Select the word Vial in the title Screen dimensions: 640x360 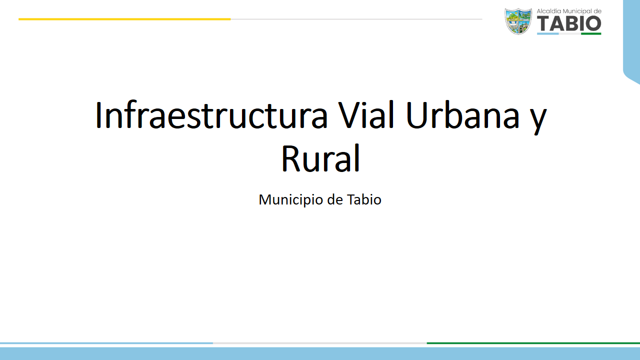tap(366, 115)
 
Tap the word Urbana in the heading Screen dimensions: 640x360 tap(462, 115)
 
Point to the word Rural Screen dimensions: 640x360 tap(320, 158)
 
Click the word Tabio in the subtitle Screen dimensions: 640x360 tap(364, 199)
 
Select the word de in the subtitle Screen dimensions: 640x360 tap(335, 199)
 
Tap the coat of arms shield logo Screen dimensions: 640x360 tap(518, 21)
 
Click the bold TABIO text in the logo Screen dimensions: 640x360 tap(569, 23)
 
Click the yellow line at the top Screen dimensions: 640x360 tap(124, 19)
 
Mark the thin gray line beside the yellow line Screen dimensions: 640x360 tap(356, 19)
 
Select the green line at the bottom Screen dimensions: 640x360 tap(533, 343)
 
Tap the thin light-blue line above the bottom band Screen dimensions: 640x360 tap(106, 343)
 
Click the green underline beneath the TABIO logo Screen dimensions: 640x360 tap(591, 33)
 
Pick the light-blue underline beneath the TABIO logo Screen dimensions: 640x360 tap(547, 33)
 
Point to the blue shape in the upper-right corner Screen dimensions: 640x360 tap(632, 40)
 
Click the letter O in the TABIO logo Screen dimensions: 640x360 tap(593, 23)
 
